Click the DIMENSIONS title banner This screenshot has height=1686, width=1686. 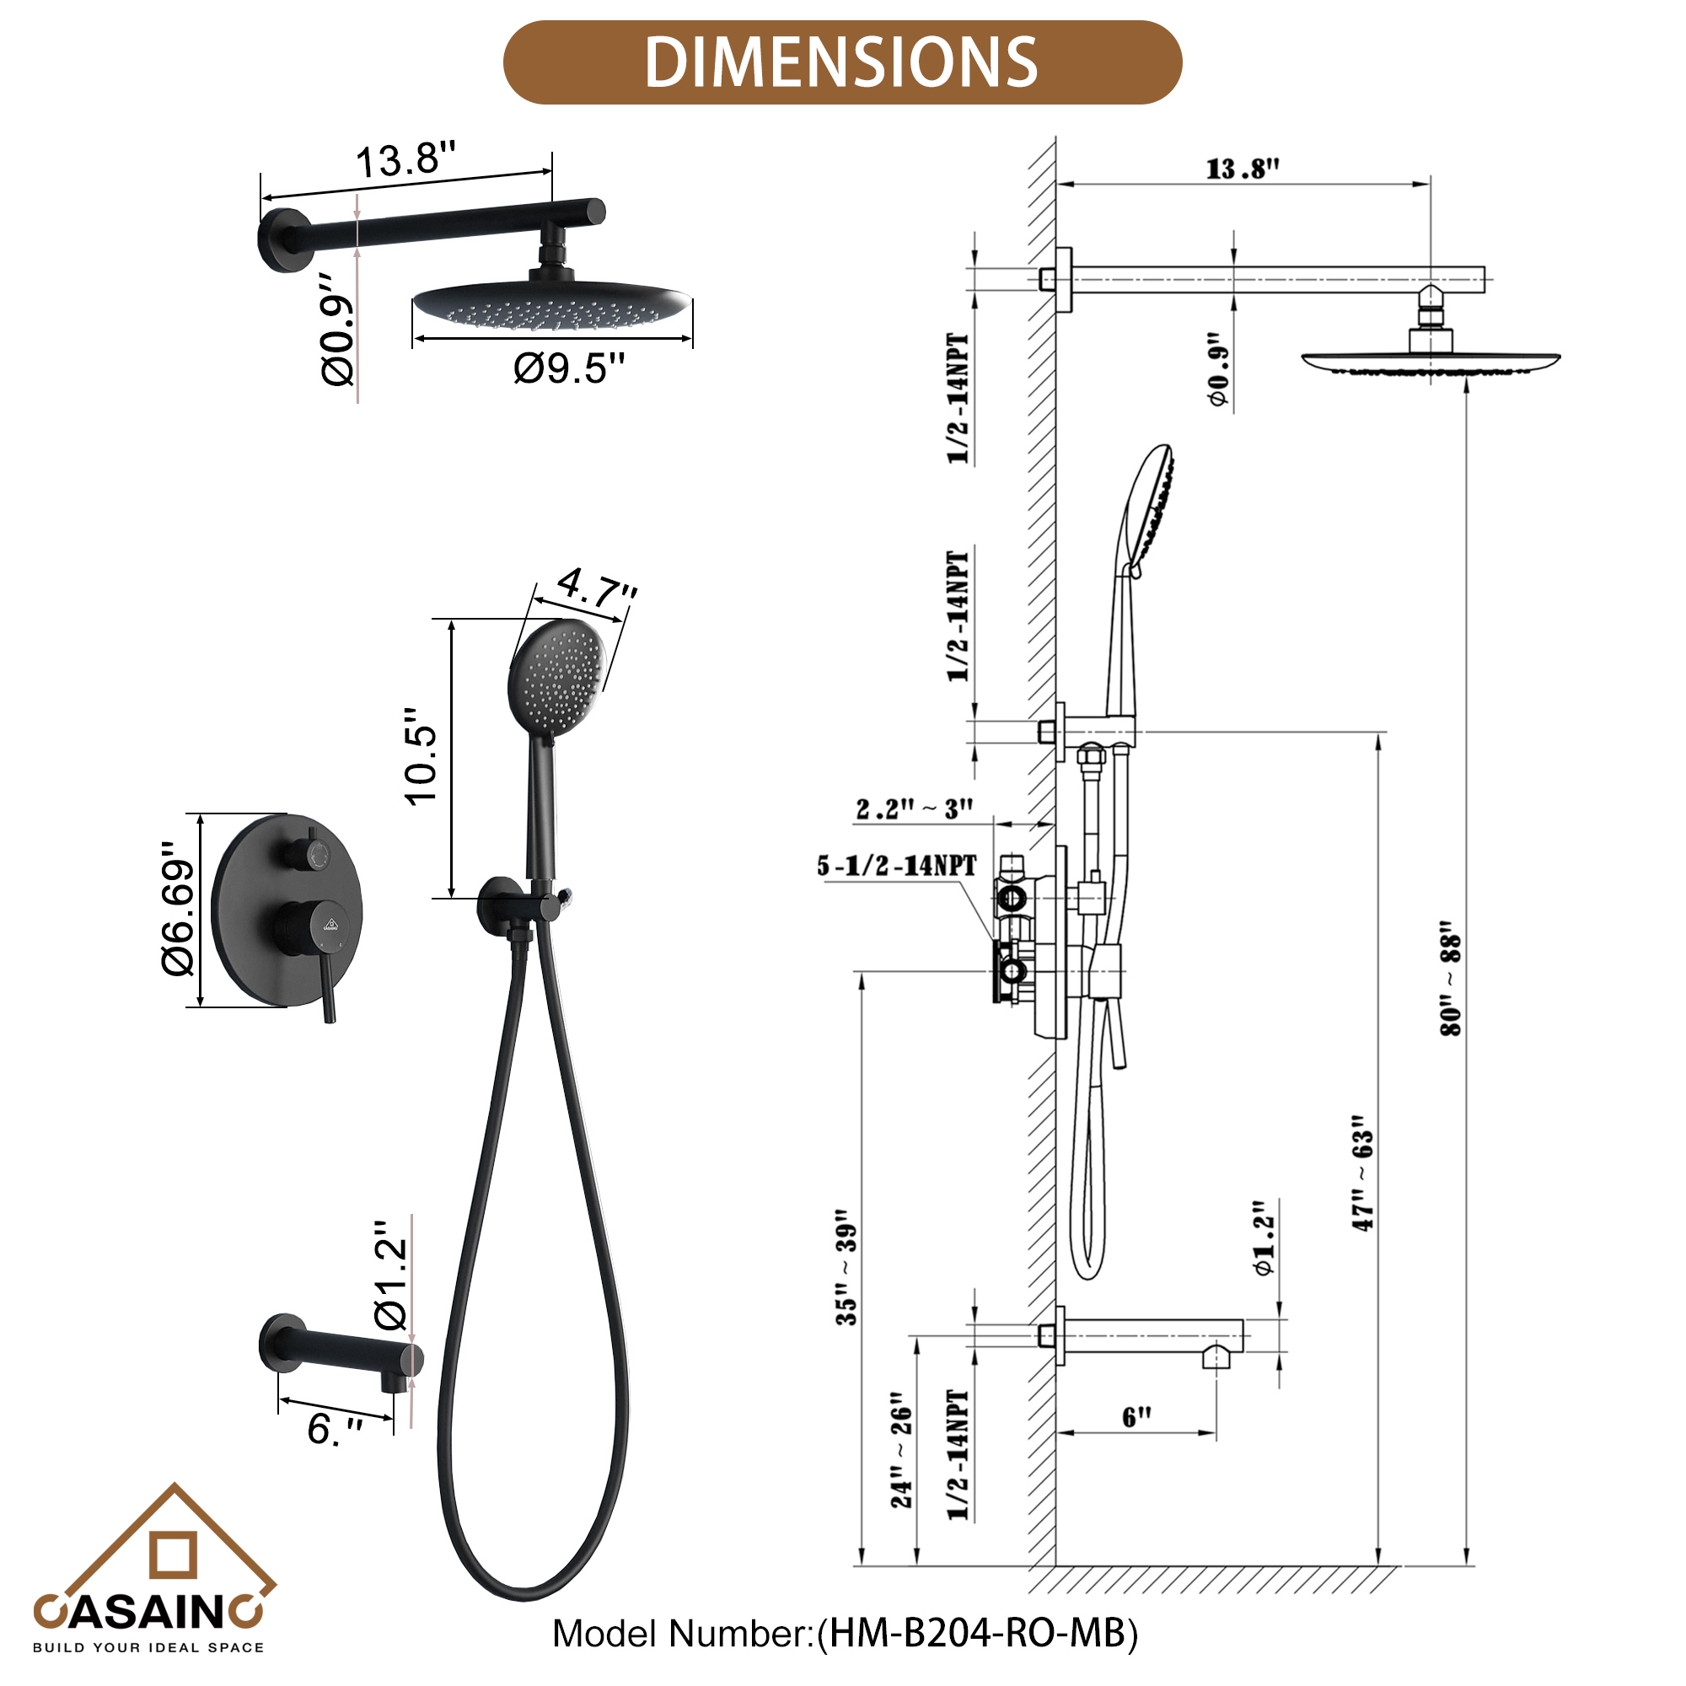[x=842, y=63]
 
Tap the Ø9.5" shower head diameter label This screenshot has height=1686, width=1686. [x=569, y=368]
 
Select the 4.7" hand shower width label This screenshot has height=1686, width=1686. [x=596, y=588]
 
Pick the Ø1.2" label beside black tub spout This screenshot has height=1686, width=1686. [x=390, y=1275]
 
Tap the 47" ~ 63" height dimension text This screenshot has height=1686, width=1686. [x=1363, y=1173]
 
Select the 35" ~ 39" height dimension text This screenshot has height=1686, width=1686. [x=846, y=1269]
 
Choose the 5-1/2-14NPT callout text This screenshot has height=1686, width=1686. [x=897, y=866]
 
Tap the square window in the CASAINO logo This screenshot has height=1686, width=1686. [x=174, y=1555]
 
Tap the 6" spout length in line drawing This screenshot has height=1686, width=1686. [x=1136, y=1416]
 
